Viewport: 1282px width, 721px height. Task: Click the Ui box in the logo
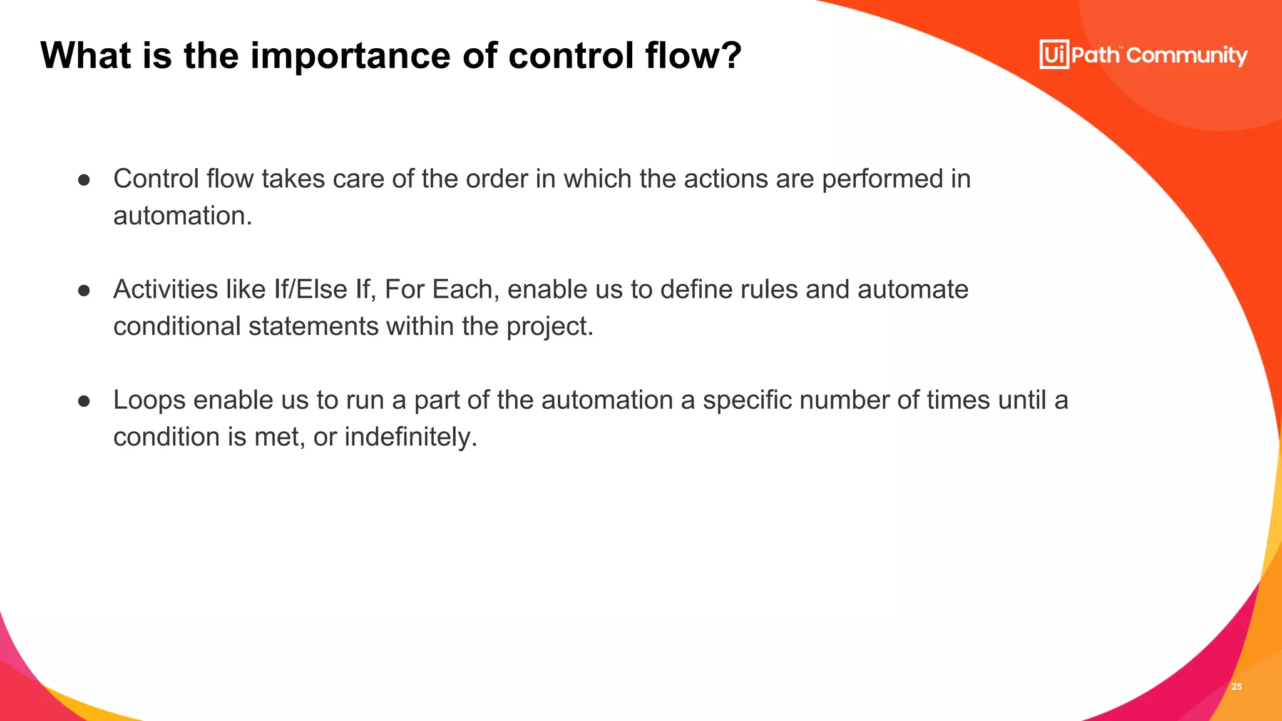pos(1054,54)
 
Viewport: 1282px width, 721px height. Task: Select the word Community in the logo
pos(1187,56)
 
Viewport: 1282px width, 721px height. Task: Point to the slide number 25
pos(1236,687)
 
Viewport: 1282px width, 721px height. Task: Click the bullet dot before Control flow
pos(85,180)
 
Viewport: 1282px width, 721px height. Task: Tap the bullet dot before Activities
pos(85,291)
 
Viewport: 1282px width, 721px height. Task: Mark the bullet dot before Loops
pos(85,401)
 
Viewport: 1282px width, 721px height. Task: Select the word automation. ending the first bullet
pos(183,216)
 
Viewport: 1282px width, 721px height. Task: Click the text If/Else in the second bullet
pos(310,290)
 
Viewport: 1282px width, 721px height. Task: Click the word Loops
pos(149,401)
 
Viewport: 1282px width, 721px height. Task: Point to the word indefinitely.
pos(411,437)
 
